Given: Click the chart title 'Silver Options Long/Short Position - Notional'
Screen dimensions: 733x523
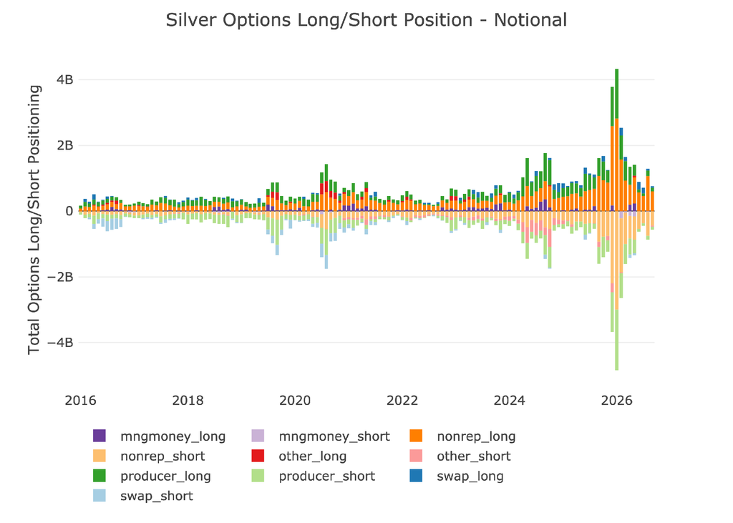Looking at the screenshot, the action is [366, 20].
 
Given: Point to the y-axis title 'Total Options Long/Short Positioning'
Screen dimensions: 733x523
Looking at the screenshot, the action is [34, 220].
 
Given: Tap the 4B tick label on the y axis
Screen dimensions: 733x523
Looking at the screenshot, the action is [65, 79].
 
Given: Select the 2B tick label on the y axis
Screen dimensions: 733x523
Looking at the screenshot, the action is [65, 145].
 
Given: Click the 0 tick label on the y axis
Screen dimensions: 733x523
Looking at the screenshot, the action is [69, 211].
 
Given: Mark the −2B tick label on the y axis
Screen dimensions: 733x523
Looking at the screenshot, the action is [61, 277].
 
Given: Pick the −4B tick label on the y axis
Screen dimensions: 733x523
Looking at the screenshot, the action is [61, 343].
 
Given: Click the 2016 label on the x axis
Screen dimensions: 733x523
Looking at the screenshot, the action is [80, 401].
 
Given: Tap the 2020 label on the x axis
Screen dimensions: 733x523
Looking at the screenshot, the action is [295, 401].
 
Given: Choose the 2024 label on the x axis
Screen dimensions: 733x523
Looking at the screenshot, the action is [510, 401].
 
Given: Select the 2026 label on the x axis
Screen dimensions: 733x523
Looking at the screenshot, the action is [616, 401].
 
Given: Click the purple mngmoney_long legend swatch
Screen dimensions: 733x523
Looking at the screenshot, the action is [99, 436].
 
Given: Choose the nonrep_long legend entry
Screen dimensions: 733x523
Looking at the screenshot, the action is [463, 436].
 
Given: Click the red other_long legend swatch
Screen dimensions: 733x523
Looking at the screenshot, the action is [258, 456].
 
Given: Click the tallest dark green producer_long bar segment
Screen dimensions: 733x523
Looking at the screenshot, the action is [616, 94].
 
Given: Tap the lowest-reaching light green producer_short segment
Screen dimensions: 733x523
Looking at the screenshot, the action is [616, 340].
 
